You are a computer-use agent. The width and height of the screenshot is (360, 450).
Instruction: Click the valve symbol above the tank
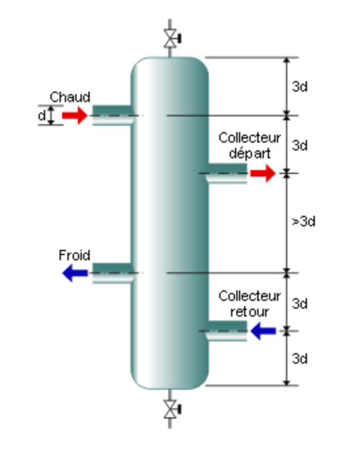(x=171, y=38)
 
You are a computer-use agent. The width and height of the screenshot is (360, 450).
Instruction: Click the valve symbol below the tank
(x=171, y=409)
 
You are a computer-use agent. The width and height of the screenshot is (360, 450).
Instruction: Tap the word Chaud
(x=70, y=97)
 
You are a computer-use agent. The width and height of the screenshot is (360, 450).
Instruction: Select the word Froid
(x=75, y=255)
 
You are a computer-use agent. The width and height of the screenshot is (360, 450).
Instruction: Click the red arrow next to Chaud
(x=75, y=115)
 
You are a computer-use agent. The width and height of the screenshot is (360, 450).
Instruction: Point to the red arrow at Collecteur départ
(x=263, y=173)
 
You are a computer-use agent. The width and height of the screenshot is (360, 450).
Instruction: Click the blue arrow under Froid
(x=75, y=273)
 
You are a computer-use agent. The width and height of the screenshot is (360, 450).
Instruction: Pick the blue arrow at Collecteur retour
(x=263, y=331)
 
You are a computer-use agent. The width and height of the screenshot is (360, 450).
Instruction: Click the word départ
(x=249, y=153)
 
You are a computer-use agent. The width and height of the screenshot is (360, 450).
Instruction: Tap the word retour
(x=249, y=311)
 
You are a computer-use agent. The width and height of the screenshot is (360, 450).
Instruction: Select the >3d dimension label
(x=304, y=222)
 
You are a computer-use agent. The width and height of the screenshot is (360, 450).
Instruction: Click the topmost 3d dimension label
(x=300, y=86)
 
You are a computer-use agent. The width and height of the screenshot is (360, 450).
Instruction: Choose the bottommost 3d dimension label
(x=300, y=358)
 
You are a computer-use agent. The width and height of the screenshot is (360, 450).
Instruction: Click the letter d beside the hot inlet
(x=42, y=116)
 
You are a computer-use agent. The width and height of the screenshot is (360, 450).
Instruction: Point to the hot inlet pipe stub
(x=113, y=115)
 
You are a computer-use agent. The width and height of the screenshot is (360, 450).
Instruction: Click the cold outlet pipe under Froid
(x=113, y=273)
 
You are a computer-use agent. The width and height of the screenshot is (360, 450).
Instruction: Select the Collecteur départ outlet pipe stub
(x=226, y=173)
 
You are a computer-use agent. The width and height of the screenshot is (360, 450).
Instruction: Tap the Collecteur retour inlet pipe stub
(x=226, y=331)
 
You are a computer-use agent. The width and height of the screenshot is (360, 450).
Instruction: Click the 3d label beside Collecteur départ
(x=300, y=145)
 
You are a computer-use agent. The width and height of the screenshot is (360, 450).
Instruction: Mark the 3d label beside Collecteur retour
(x=300, y=303)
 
